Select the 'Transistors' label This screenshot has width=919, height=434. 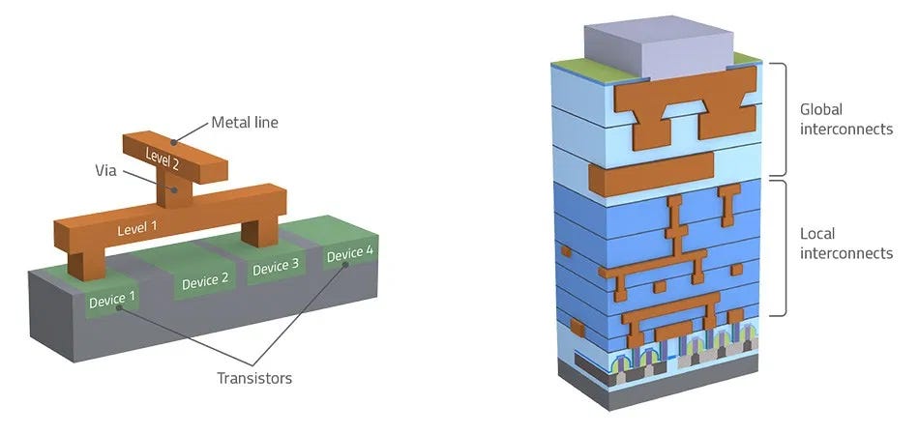pos(254,378)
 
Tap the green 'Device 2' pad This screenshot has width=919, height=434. pos(205,281)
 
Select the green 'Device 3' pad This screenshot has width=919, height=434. pos(277,268)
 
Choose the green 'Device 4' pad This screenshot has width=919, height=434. pos(349,254)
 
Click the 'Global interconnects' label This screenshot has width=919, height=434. pos(845,119)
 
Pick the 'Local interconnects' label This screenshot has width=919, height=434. pos(845,244)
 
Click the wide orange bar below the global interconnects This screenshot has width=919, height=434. pos(650,173)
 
